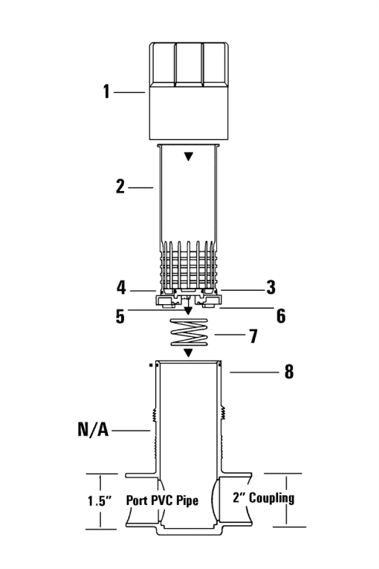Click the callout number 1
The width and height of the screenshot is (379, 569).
click(106, 91)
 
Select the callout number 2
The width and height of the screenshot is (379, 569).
click(120, 187)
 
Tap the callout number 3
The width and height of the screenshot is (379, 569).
click(271, 287)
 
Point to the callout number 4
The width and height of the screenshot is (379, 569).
click(121, 287)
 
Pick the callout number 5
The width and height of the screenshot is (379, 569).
click(120, 316)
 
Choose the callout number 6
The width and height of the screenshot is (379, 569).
click(281, 315)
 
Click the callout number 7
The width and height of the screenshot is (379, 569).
click(253, 336)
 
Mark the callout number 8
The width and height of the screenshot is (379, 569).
click(288, 371)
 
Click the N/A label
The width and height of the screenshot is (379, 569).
click(93, 429)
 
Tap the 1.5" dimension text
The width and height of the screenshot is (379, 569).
click(99, 501)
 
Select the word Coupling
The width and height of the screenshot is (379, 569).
click(271, 498)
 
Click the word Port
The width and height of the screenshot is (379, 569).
click(137, 501)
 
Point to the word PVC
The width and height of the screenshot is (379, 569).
click(162, 501)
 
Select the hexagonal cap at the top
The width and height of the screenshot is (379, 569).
click(189, 91)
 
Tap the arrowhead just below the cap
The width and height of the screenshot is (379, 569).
click(188, 156)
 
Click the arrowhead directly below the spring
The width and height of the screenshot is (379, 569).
click(188, 353)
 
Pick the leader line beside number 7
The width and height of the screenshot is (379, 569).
click(229, 335)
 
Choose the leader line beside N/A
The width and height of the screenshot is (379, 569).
click(131, 431)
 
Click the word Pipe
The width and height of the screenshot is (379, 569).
click(187, 501)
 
